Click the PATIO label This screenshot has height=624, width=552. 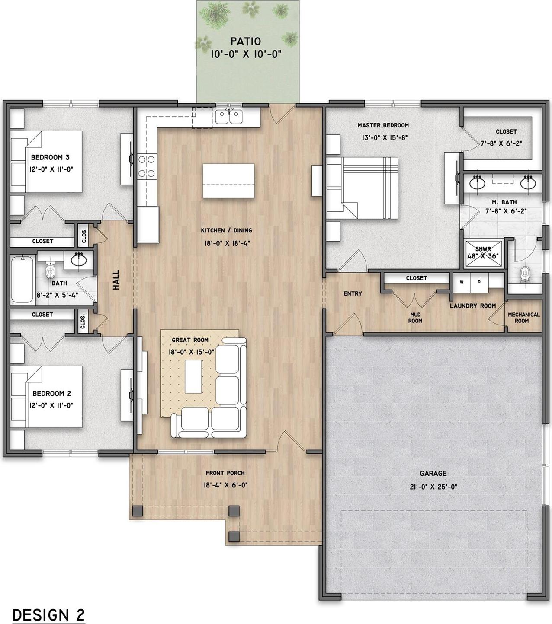246,41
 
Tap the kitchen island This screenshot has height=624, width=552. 228,181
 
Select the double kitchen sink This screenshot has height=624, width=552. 229,116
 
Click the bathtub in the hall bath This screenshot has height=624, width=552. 22,279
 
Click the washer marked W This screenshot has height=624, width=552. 462,282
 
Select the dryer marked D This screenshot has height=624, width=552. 479,282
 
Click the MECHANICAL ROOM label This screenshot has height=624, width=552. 523,318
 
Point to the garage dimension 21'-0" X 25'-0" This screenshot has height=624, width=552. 433,487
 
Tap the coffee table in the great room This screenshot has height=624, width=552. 193,376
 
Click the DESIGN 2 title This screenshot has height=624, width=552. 48,606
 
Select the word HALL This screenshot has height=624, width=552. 116,280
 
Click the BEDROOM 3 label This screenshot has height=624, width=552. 50,157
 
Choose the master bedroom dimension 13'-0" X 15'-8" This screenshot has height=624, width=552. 385,138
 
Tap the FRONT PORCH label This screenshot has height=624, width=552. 225,473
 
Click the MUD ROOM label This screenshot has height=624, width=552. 415,318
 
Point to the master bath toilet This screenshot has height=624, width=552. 524,275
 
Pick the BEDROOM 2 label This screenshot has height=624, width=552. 52,393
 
